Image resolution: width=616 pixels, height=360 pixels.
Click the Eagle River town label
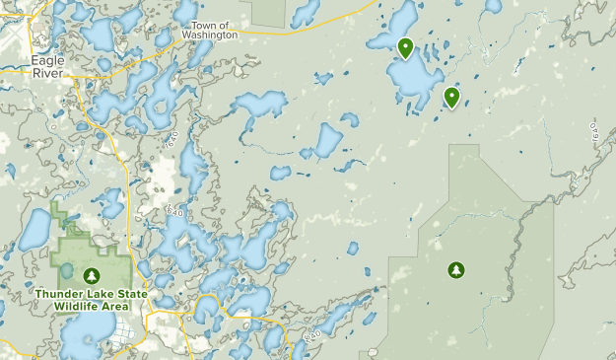pyautogui.click(x=48, y=66)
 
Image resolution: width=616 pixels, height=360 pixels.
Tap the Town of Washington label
pyautogui.click(x=210, y=30)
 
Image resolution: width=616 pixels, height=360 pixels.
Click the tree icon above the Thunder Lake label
pyautogui.click(x=92, y=276)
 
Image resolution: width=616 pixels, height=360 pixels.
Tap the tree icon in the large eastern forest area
pyautogui.click(x=455, y=268)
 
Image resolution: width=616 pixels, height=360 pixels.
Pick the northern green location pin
pyautogui.click(x=405, y=47)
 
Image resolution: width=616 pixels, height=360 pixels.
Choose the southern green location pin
pyautogui.click(x=451, y=97)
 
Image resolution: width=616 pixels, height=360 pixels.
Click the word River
pyautogui.click(x=47, y=72)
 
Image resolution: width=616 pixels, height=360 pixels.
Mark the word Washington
pyautogui.click(x=210, y=35)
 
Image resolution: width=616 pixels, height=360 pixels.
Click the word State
pyautogui.click(x=127, y=294)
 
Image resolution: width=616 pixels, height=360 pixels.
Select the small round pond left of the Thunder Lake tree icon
pyautogui.click(x=66, y=268)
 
